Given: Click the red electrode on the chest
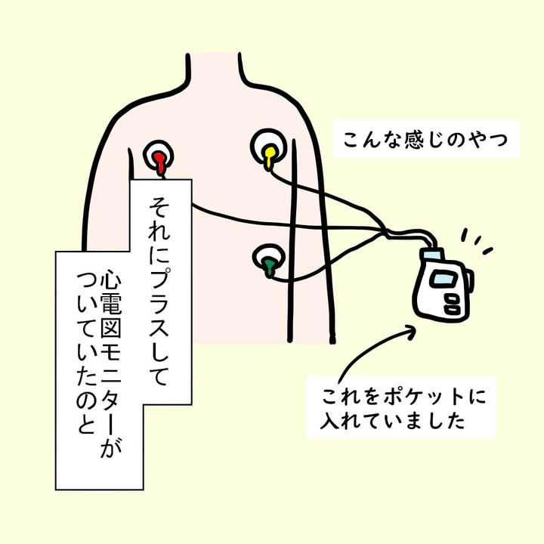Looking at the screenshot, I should [x=160, y=157].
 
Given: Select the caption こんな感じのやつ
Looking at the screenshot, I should [x=423, y=139].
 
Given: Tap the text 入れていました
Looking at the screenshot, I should [x=391, y=421].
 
